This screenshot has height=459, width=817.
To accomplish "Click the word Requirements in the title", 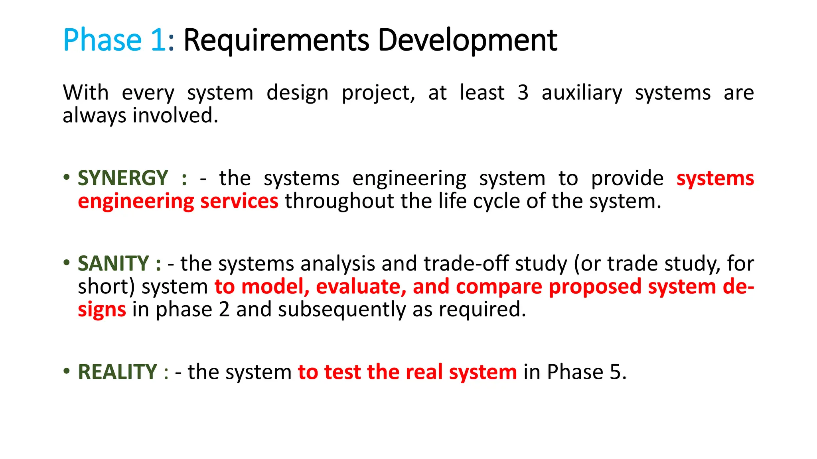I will (276, 41).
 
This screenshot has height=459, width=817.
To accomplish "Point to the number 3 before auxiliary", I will (523, 93).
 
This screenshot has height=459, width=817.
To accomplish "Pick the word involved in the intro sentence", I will (175, 116).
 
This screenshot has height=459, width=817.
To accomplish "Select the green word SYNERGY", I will (123, 178).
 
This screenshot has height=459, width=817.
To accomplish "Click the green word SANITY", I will (113, 264).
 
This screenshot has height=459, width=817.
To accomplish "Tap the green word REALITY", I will (117, 372).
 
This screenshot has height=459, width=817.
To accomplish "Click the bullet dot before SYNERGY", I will (67, 177).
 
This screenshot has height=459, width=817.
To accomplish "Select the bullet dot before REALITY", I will (67, 371).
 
